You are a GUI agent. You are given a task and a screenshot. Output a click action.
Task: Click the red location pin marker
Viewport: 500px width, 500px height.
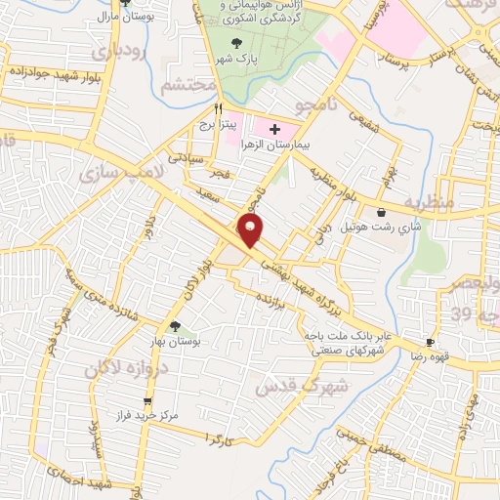(251, 230)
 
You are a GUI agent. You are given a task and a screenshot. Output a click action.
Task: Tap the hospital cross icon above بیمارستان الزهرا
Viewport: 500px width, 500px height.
(274, 128)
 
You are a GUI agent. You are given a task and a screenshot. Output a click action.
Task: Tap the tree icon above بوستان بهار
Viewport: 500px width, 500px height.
(175, 327)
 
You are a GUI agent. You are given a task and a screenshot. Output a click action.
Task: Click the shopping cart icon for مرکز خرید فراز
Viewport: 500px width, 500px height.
(147, 400)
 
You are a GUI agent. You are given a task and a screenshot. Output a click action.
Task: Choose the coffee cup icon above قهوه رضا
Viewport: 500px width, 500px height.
(430, 342)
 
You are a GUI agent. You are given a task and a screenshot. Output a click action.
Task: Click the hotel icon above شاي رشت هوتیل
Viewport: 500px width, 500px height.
(381, 212)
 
